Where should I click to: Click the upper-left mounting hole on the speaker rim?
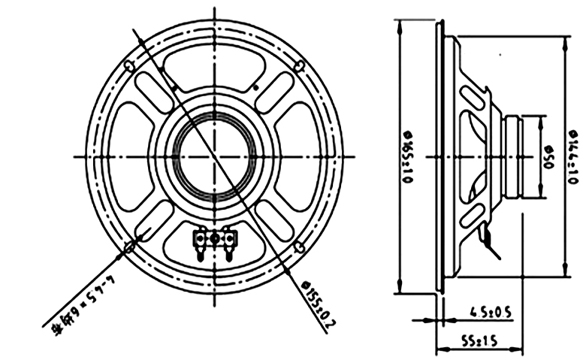click(x=130, y=65)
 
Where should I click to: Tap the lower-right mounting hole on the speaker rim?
click(x=299, y=247)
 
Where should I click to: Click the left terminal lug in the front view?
click(x=201, y=240)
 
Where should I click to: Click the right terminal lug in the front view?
click(x=230, y=240)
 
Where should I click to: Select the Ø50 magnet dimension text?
click(x=548, y=158)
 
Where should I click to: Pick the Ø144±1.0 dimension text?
click(x=573, y=158)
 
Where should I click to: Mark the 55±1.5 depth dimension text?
click(x=479, y=340)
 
